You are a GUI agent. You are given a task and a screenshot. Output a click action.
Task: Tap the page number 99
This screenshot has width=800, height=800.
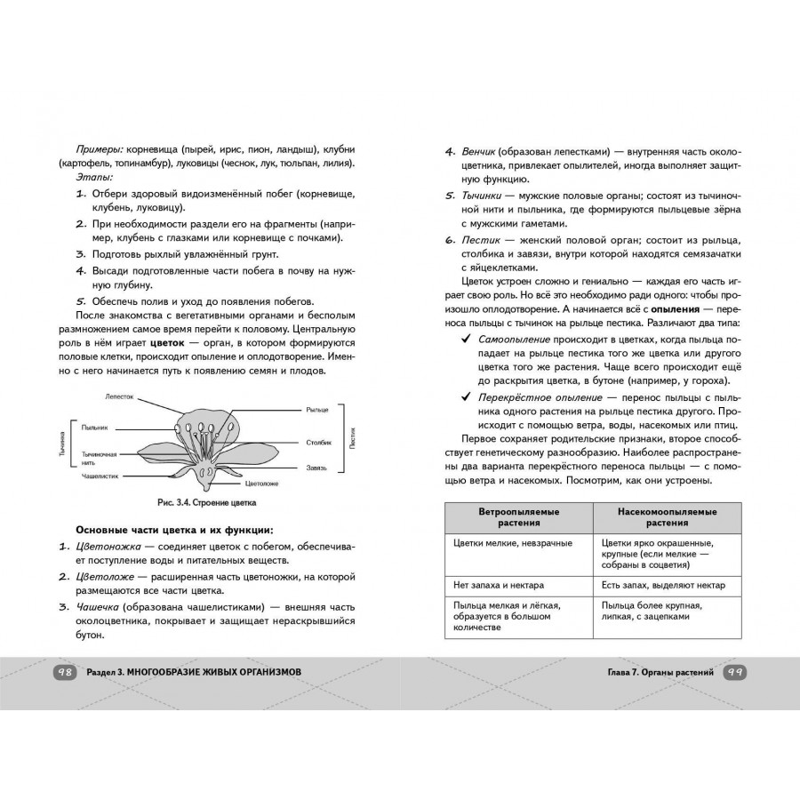(734, 672)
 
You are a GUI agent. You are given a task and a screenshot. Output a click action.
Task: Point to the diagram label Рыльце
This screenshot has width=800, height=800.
(317, 409)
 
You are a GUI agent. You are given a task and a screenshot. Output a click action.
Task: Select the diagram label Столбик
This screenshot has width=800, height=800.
(319, 441)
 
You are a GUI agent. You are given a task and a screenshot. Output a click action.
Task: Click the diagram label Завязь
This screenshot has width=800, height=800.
(316, 467)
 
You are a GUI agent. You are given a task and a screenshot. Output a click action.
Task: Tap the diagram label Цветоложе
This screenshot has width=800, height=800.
(262, 485)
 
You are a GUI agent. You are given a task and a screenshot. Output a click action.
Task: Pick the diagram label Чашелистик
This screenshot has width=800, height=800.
(101, 476)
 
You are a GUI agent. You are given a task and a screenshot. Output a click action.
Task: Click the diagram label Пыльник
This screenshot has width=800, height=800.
(95, 428)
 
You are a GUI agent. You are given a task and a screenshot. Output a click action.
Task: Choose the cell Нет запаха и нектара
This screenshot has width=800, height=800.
(499, 586)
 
